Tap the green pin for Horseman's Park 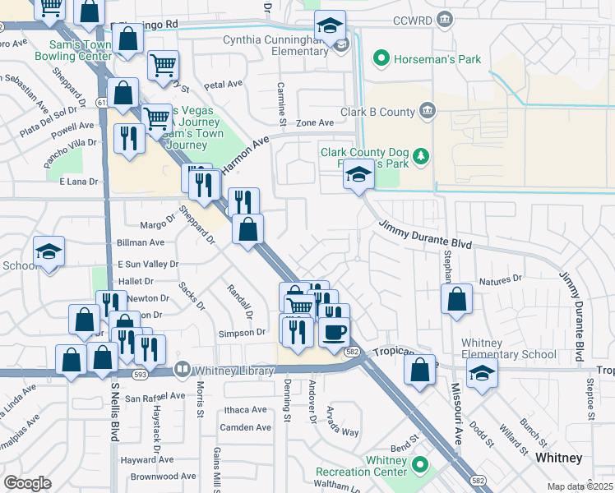tap(381, 58)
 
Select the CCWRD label tap(412, 19)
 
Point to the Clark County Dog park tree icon tap(421, 155)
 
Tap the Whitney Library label tap(234, 371)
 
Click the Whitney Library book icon tap(183, 371)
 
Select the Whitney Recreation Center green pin tap(421, 466)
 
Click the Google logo tap(27, 483)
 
